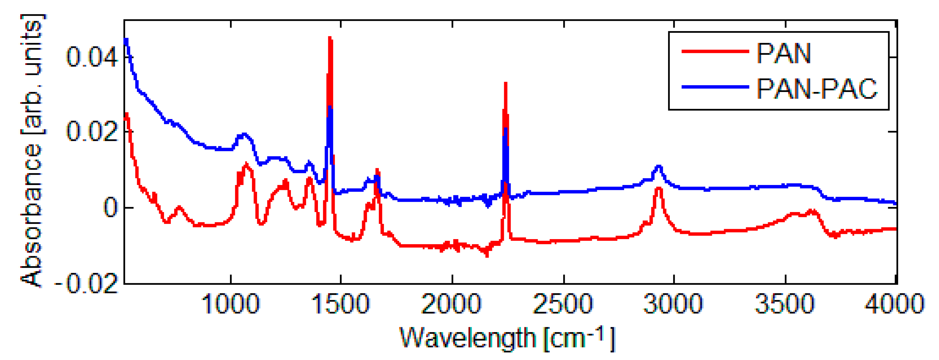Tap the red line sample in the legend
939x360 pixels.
tap(715, 51)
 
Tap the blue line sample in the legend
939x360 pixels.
tap(715, 87)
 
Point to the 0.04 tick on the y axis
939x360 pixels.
tap(91, 57)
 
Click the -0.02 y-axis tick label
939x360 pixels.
tap(87, 283)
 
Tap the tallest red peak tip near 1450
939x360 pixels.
tap(330, 38)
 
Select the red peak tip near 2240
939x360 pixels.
tap(505, 84)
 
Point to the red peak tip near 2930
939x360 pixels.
tap(659, 188)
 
